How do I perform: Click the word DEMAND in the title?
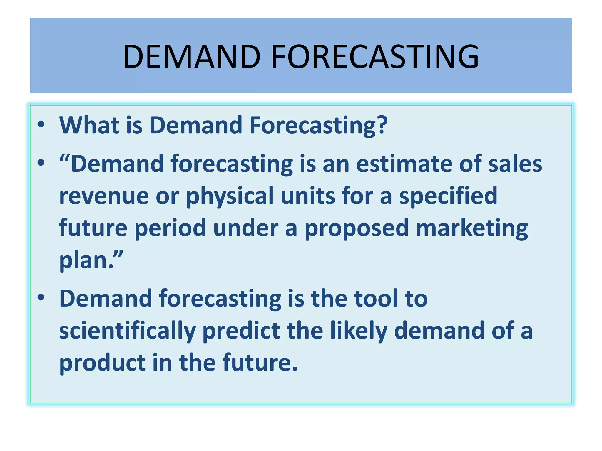coord(192,56)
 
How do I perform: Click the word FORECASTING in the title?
coord(375,56)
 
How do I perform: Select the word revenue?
coord(104,196)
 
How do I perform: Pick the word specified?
coord(448,196)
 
